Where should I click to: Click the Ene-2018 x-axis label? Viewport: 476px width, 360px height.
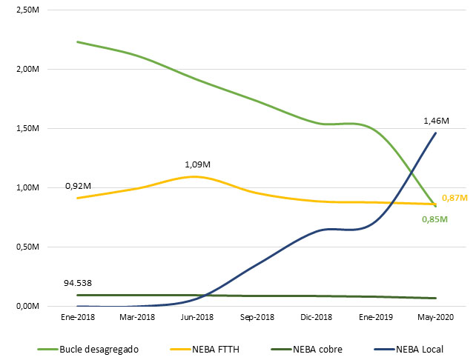(77, 317)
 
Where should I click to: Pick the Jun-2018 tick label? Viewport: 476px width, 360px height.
(196, 317)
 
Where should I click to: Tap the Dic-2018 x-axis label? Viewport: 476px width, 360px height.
(317, 317)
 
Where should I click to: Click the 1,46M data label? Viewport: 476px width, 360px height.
(436, 121)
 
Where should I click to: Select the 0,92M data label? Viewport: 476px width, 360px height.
(78, 185)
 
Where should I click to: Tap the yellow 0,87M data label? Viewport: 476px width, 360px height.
(454, 198)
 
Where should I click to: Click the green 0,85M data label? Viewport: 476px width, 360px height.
(435, 219)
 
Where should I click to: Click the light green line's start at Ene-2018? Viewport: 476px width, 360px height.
(77, 41)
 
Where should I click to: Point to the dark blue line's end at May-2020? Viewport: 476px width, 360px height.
(435, 133)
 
